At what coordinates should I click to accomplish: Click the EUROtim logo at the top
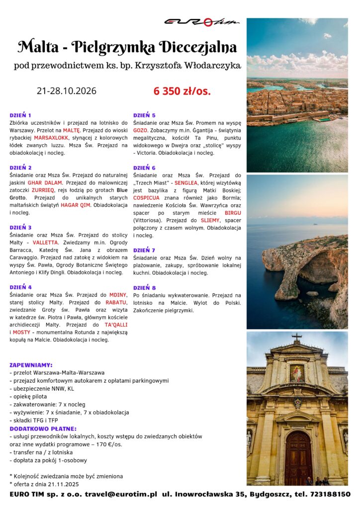201,21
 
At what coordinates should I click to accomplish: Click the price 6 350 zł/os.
182,91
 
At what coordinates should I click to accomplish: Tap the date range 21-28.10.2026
67,91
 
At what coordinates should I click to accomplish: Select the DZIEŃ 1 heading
20,115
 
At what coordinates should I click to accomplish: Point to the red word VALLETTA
46,243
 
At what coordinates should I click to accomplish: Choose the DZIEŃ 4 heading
20,287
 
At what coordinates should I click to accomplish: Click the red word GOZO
140,130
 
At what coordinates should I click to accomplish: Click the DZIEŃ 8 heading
144,287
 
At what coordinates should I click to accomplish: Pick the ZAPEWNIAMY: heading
31,364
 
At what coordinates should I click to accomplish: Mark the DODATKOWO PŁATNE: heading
43,428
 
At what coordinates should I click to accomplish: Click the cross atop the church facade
297,337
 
